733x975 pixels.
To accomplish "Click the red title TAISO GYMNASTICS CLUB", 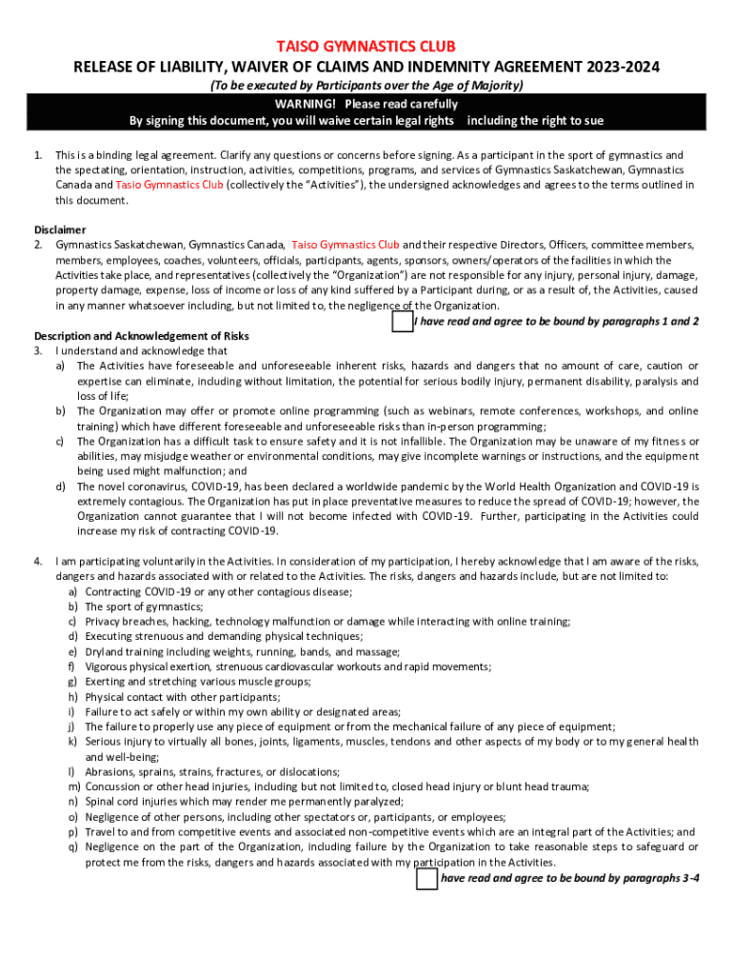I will click(x=366, y=47).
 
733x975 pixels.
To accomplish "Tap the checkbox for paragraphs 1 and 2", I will click(x=402, y=322).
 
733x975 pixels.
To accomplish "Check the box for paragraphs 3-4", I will click(x=426, y=878).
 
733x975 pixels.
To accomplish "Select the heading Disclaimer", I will click(x=60, y=229).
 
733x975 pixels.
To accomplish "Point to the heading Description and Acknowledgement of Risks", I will click(x=141, y=335).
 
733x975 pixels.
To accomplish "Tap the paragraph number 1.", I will click(x=38, y=155).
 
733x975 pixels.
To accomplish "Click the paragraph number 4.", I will click(x=38, y=561).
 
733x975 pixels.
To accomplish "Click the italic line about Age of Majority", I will click(x=366, y=86).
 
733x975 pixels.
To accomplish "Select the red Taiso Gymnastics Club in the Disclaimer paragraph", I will click(x=346, y=245).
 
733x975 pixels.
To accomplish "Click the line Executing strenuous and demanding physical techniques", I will click(x=223, y=636).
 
